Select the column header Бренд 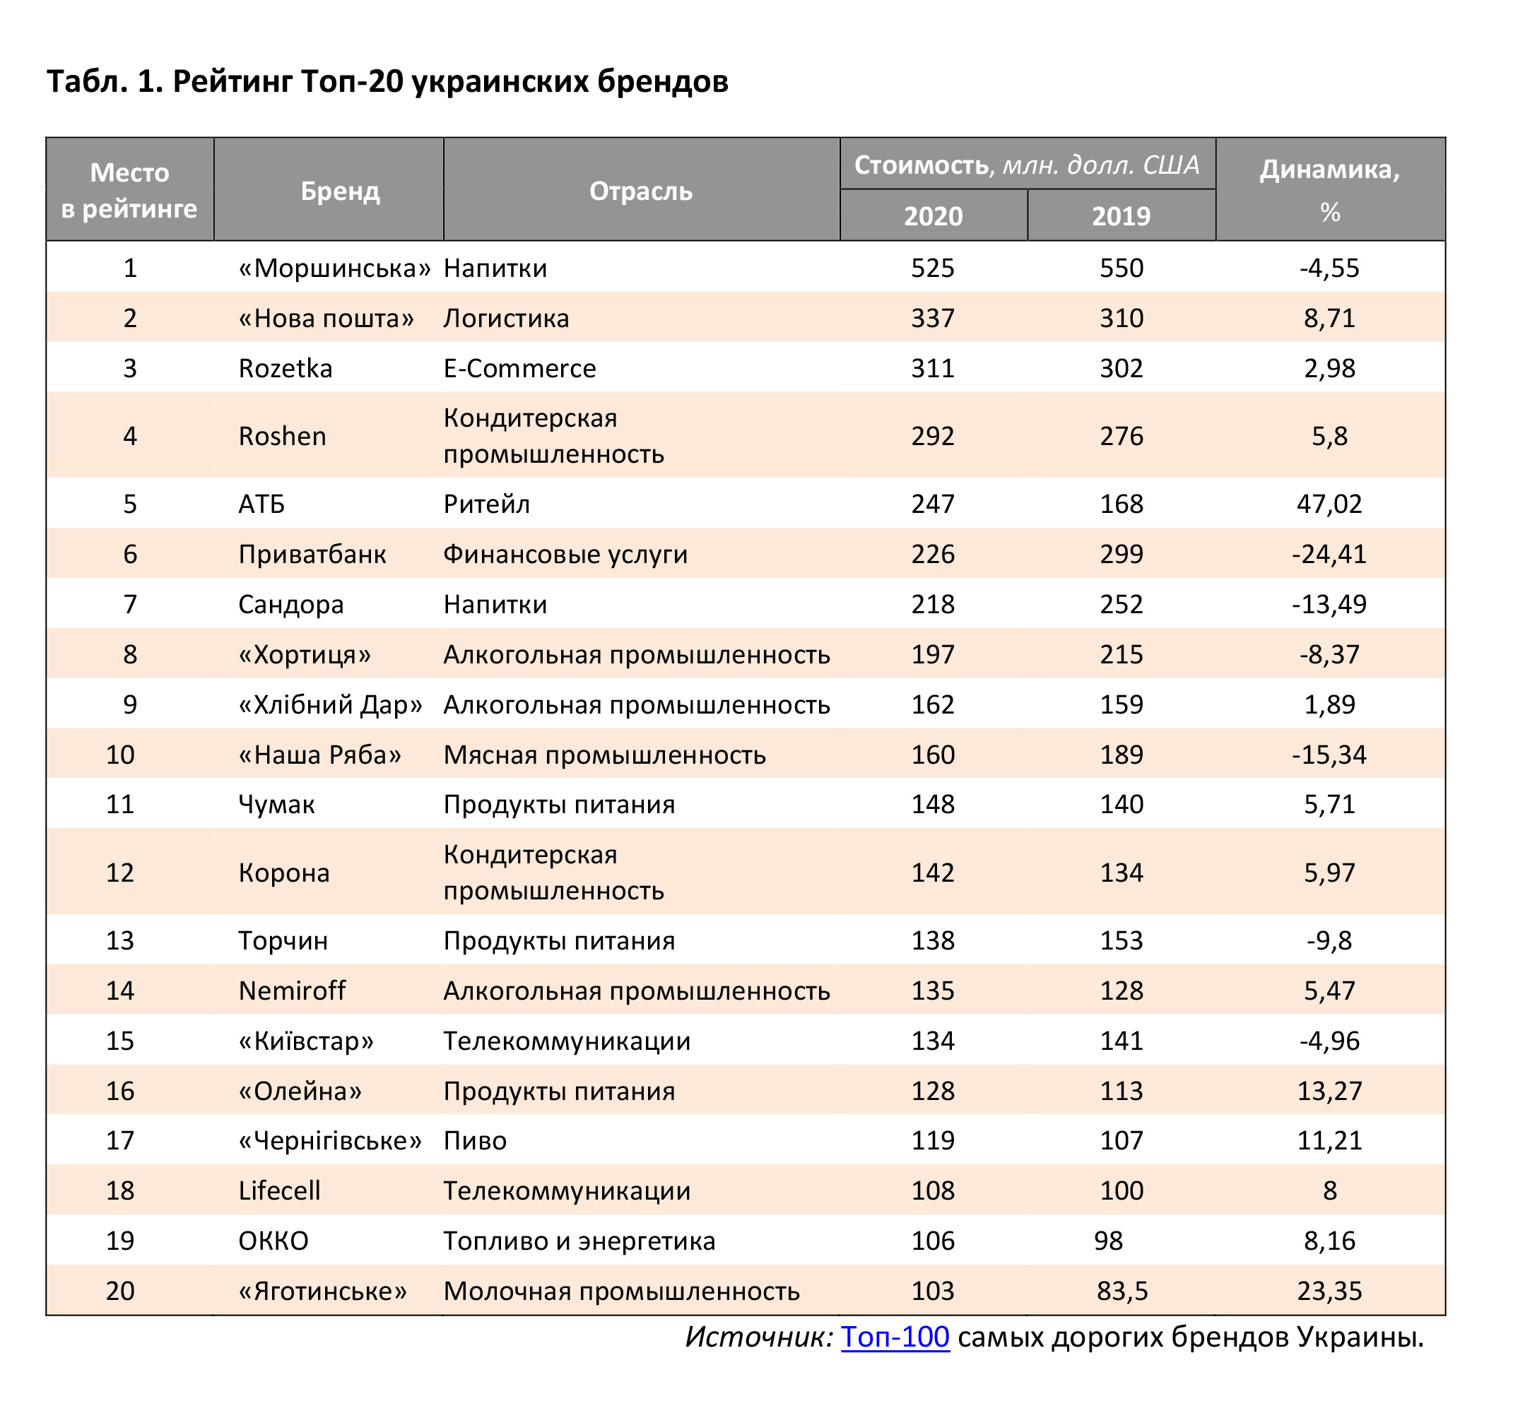click(339, 191)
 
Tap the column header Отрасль click(641, 191)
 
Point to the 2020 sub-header click(933, 216)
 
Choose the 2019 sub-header click(1121, 216)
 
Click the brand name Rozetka click(285, 368)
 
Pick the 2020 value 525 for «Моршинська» click(932, 268)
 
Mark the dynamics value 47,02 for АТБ click(1329, 504)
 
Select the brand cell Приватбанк click(312, 554)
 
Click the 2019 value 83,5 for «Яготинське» click(1121, 1291)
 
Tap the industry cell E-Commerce click(520, 368)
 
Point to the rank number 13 click(120, 940)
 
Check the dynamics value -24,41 click(1329, 554)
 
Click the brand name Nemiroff click(293, 991)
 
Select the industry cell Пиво click(475, 1140)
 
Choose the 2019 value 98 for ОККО click(1108, 1241)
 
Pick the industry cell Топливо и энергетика click(579, 1241)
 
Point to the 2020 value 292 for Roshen click(932, 436)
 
